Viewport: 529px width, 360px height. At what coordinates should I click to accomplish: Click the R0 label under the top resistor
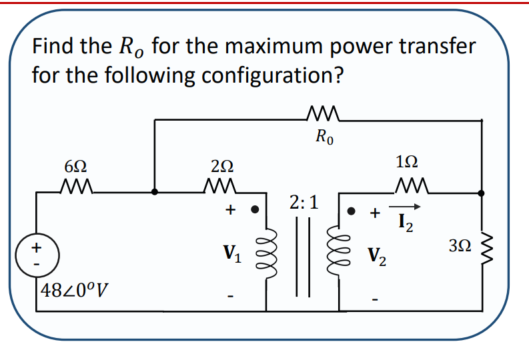326,139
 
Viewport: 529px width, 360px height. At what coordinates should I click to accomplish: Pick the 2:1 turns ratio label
304,202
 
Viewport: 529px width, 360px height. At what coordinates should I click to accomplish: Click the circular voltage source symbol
36,255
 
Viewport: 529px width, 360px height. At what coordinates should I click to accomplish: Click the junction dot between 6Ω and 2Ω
155,191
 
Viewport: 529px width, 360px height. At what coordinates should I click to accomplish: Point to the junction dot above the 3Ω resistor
482,192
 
